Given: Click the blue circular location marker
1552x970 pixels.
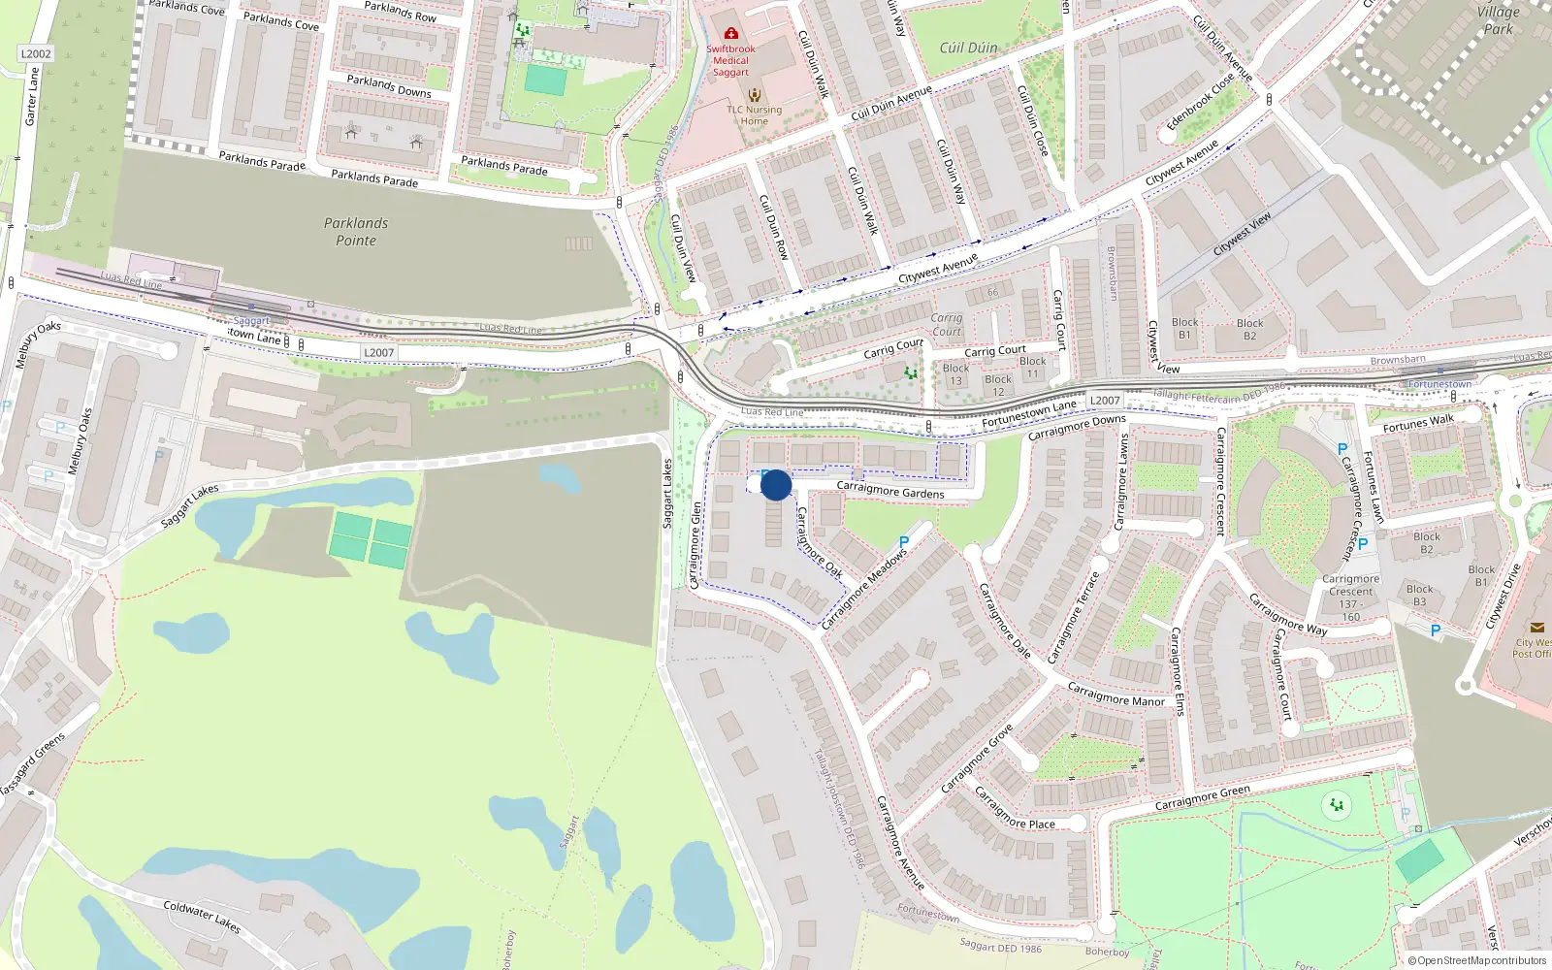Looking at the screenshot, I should pos(776,485).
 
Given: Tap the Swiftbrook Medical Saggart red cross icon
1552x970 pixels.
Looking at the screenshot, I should pos(731,33).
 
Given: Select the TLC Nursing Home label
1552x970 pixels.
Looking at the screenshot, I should pos(755,114).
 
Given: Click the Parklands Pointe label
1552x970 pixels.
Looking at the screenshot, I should pos(356,232).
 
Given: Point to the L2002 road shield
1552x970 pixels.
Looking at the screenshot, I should pos(36,54).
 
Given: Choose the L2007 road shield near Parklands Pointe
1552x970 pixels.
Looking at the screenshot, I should pos(379,353).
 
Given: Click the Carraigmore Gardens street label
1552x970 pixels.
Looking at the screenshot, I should pos(890,490).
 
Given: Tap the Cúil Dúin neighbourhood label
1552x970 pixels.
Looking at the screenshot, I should pos(968,48).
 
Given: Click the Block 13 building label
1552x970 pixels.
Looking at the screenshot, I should pos(955,374).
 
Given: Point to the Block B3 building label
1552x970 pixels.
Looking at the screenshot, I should pos(1419,595).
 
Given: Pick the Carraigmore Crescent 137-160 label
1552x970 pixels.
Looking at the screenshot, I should pos(1350,598).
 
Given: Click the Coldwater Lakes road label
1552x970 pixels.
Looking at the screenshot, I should pos(202,916).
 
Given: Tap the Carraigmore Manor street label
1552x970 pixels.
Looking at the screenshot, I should pos(1116,695).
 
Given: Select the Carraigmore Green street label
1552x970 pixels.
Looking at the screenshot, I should pos(1203,798).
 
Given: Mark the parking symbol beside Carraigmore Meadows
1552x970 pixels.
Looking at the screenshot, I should pos(904,543).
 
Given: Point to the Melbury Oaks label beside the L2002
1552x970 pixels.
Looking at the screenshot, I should pos(38,343).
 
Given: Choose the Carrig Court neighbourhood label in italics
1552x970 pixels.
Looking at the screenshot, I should pos(947,324).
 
